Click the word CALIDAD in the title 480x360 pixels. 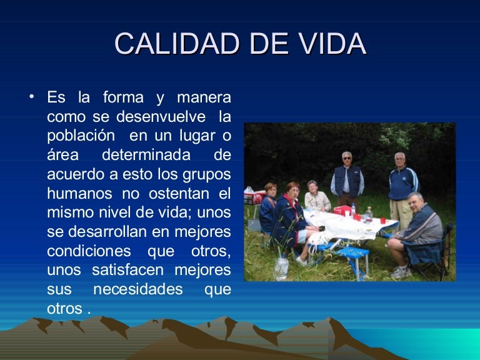click(x=177, y=43)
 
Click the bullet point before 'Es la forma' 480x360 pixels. click(x=31, y=97)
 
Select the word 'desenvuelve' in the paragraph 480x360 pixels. click(x=161, y=117)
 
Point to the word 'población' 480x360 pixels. click(x=81, y=136)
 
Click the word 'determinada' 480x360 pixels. click(x=146, y=154)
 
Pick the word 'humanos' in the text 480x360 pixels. click(x=79, y=194)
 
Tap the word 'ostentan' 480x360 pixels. click(x=179, y=194)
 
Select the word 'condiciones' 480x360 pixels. click(x=89, y=251)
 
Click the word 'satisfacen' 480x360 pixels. click(x=128, y=270)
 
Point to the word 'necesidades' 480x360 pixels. click(x=138, y=289)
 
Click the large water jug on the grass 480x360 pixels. click(x=281, y=267)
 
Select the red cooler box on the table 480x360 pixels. click(x=342, y=210)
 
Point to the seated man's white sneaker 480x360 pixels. click(x=401, y=272)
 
